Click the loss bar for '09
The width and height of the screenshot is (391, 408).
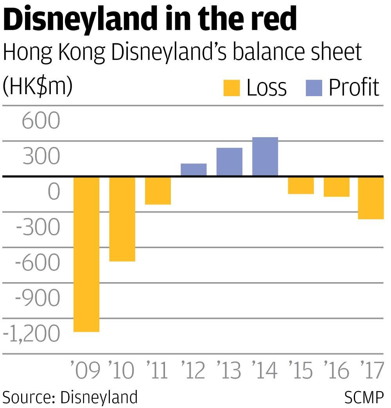coord(86,254)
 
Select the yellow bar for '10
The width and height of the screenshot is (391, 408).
coord(122,219)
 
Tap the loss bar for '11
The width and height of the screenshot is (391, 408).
coord(158,191)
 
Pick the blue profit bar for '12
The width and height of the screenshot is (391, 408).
coord(194,170)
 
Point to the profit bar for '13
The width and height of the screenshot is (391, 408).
coord(230,162)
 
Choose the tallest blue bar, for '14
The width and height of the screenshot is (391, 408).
coord(265,156)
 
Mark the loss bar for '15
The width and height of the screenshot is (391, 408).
coord(301,186)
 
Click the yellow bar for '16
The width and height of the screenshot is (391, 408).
coord(337,187)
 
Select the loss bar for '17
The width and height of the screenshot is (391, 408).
coord(371,198)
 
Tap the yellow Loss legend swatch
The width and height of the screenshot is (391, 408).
coord(231,88)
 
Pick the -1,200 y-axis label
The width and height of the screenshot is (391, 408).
coord(32,334)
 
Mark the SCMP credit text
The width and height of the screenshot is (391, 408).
coord(364,397)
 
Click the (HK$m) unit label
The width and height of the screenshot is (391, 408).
coord(38,87)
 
